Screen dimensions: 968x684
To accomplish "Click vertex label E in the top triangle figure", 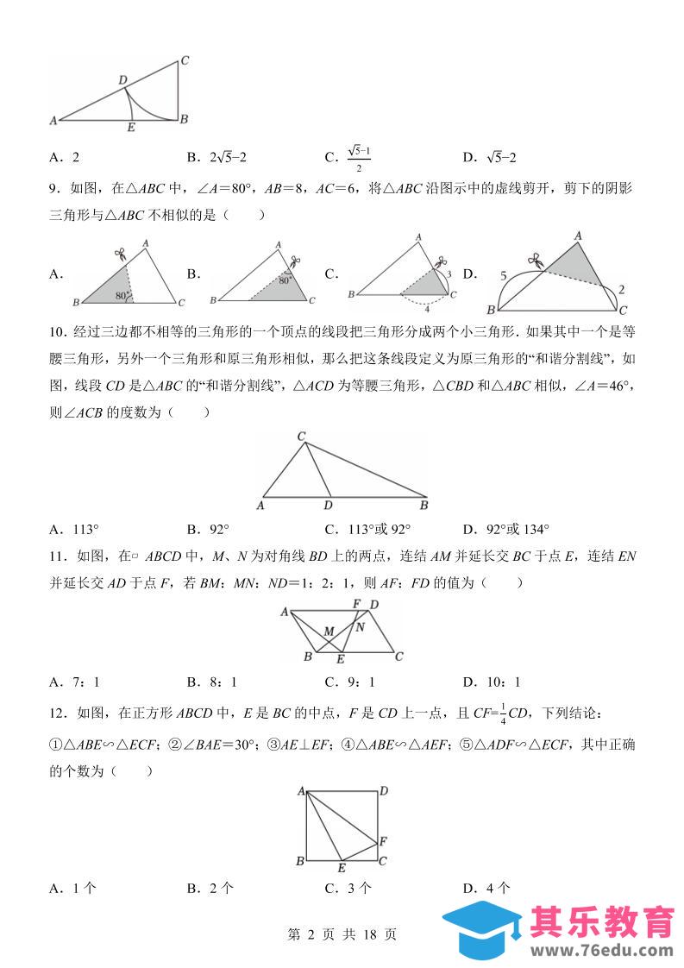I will (130, 129).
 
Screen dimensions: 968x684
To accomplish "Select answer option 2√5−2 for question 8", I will (229, 157).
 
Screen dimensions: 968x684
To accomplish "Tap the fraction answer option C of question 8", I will (359, 157).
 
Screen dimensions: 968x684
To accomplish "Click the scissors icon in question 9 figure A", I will (120, 255).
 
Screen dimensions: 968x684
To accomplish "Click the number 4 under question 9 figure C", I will (426, 307).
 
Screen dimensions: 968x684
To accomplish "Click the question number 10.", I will (58, 333).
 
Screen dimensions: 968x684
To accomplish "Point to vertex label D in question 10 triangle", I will (327, 506).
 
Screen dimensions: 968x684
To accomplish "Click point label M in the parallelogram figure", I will (329, 632).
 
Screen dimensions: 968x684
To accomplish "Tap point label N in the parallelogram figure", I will (360, 627).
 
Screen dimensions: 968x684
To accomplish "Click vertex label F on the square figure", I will (384, 840).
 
